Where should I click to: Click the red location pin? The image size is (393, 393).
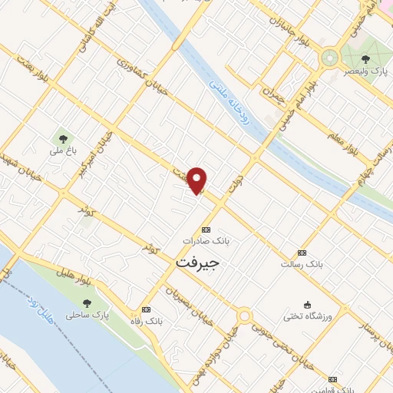(197, 180)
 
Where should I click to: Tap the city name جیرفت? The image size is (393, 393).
(197, 263)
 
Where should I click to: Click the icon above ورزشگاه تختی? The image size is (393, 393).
(308, 305)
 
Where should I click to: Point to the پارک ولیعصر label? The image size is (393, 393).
(371, 71)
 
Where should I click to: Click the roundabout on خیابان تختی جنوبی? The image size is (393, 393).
(244, 315)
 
